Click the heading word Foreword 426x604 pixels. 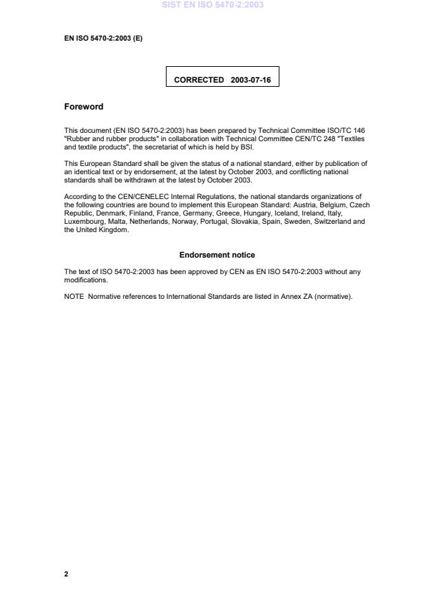[x=83, y=107]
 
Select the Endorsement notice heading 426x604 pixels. [x=217, y=255]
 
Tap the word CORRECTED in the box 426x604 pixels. [x=199, y=80]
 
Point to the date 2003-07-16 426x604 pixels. [x=251, y=80]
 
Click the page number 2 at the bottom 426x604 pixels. [x=66, y=574]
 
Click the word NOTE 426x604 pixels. [x=74, y=297]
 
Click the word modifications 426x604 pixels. [x=85, y=280]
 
